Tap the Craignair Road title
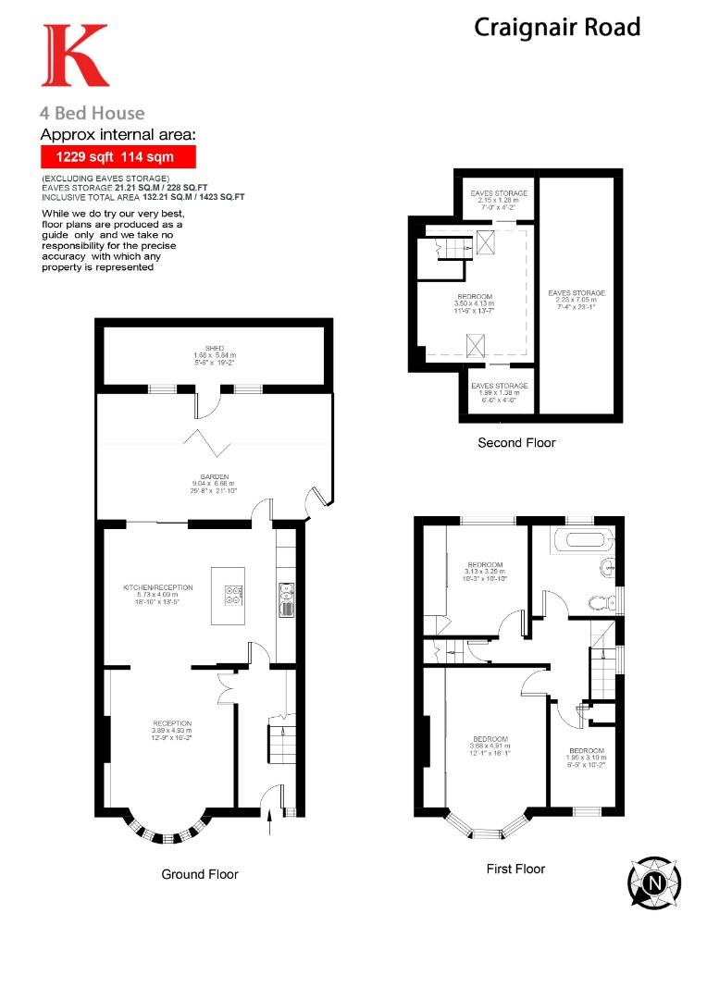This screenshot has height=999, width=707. pyautogui.click(x=557, y=27)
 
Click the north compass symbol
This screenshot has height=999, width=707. pyautogui.click(x=654, y=882)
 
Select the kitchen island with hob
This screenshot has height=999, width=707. pyautogui.click(x=229, y=595)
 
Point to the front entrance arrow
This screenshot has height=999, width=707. pyautogui.click(x=269, y=815)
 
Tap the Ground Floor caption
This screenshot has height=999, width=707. pyautogui.click(x=200, y=874)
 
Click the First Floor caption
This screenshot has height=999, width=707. pyautogui.click(x=515, y=869)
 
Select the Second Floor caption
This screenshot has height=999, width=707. pyautogui.click(x=516, y=443)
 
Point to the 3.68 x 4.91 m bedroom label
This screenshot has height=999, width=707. pyautogui.click(x=489, y=746)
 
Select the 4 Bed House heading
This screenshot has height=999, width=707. pyautogui.click(x=92, y=113)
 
